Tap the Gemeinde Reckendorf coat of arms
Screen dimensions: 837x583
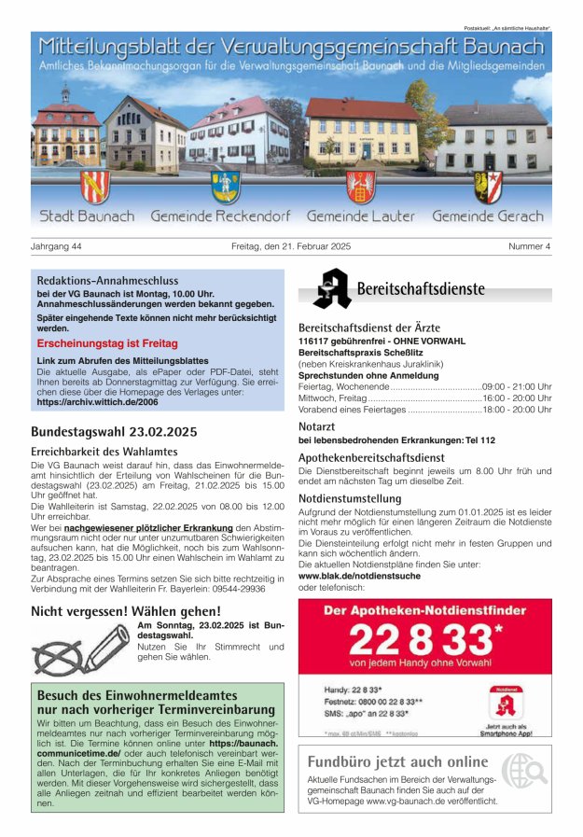pos(225,187)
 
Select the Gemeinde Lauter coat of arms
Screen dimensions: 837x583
pos(360,187)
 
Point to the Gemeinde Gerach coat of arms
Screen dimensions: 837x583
pos(488,187)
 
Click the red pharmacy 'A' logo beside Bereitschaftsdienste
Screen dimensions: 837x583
pos(331,288)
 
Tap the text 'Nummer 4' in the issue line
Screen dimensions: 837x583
pos(529,246)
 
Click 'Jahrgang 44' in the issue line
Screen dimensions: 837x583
pos(57,246)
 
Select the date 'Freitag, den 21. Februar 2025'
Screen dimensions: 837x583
pos(290,246)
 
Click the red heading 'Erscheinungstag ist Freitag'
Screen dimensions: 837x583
pos(107,343)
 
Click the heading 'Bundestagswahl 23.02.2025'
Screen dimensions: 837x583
pos(114,431)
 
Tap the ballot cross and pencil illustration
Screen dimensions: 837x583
pos(80,646)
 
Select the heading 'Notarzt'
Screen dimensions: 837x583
pos(316,425)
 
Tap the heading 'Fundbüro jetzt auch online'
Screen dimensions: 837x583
pos(397,761)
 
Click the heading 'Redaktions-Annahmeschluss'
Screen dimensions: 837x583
pos(107,280)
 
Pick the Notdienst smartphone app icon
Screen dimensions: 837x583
pos(507,703)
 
